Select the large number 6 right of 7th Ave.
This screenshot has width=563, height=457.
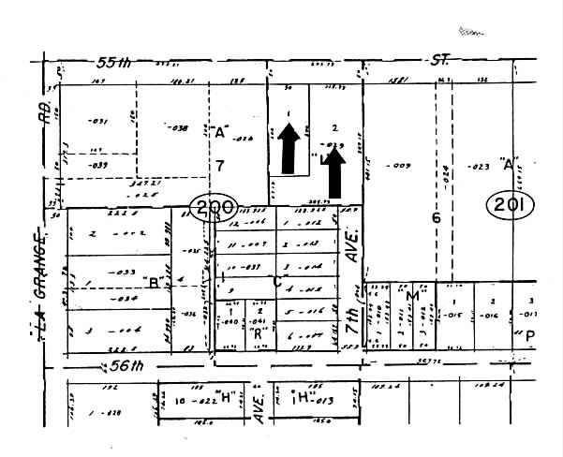(435, 217)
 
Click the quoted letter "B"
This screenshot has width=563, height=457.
(151, 279)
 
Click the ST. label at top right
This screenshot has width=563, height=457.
(440, 59)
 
